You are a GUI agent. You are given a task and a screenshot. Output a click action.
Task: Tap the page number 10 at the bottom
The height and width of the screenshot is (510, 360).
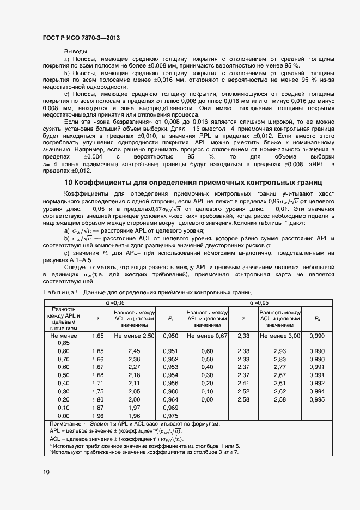(x=45, y=472)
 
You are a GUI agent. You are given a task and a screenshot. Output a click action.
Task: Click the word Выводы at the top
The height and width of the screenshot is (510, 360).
(x=76, y=51)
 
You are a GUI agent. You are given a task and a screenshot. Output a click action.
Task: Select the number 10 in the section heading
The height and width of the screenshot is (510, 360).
(x=69, y=181)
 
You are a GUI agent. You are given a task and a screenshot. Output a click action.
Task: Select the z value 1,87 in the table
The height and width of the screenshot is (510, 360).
(x=97, y=408)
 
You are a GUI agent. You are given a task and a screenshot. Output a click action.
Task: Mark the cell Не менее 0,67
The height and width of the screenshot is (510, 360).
(x=207, y=337)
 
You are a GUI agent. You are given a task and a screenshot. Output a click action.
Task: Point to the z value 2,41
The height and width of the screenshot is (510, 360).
(x=243, y=383)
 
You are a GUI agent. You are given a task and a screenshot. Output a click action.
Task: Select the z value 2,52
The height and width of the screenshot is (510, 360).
(x=243, y=391)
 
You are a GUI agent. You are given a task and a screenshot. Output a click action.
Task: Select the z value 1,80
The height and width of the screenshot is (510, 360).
(x=97, y=399)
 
